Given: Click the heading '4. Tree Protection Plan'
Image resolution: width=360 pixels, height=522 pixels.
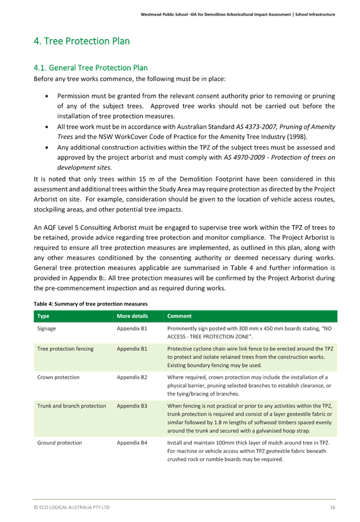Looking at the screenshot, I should point(82,41).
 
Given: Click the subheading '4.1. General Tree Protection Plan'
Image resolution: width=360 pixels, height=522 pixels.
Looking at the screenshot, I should point(90,67).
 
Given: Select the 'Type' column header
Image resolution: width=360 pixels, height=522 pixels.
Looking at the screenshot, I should point(43,316).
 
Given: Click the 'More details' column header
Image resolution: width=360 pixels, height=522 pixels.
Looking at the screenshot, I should point(132,316).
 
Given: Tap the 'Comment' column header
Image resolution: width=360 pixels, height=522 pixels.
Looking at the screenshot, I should point(179,316).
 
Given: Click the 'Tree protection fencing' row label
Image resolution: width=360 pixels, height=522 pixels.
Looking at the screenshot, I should point(65,349).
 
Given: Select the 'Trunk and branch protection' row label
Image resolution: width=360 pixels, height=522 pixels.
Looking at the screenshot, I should point(72,406).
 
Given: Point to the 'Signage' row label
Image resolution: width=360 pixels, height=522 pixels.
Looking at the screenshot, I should point(47,328).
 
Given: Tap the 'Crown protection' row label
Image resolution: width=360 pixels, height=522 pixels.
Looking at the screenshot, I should point(59,378).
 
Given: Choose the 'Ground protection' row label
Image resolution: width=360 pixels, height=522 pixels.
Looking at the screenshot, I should point(60,443).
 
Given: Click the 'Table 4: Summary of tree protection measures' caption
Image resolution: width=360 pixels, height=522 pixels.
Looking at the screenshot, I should point(91,304).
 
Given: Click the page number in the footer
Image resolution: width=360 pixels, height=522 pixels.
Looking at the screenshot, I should point(332,507).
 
